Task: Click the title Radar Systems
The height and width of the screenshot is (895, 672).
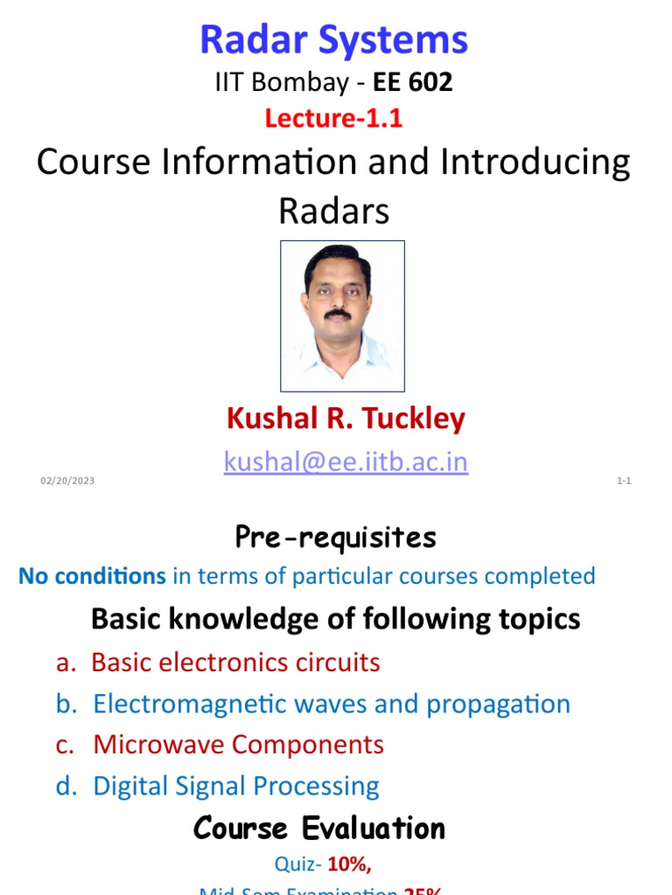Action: click(x=334, y=40)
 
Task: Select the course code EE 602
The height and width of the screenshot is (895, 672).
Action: click(x=414, y=83)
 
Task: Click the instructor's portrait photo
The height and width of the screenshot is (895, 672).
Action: click(x=342, y=316)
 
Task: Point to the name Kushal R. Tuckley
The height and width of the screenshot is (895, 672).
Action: click(x=346, y=419)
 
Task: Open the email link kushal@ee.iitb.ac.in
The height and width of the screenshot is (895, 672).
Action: click(x=346, y=461)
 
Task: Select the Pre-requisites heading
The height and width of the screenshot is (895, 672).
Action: click(x=335, y=538)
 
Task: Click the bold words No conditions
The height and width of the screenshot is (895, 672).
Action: click(x=92, y=576)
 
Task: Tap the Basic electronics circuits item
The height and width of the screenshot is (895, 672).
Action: click(x=235, y=663)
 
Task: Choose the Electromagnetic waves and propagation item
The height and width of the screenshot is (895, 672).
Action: click(x=332, y=704)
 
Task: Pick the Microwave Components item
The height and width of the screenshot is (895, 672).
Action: click(x=238, y=745)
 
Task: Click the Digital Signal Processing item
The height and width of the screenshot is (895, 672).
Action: click(x=236, y=786)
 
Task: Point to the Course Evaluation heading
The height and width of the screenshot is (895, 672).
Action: click(x=319, y=828)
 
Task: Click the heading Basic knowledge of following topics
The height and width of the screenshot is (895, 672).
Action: click(x=335, y=619)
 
